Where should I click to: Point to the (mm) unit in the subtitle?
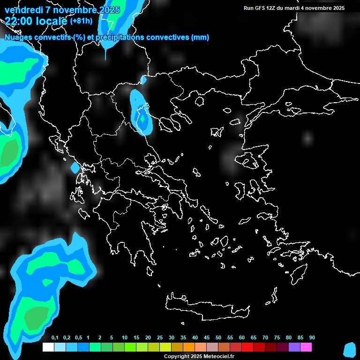click(200, 37)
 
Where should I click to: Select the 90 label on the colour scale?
click(312, 338)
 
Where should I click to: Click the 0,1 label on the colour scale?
click(54, 338)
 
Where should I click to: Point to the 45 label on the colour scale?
click(207, 338)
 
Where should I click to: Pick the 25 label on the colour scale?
click(160, 338)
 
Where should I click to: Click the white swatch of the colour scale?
click(48, 347)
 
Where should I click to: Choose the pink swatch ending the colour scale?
click(306, 347)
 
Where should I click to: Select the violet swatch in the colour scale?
click(294, 347)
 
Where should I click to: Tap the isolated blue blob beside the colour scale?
click(350, 349)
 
